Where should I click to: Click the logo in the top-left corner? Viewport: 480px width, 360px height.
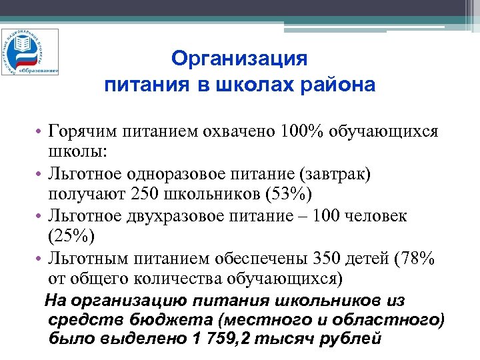coord(29,51)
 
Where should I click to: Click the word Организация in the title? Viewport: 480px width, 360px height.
coord(239,59)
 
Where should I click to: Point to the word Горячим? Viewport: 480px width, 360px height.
coord(78,131)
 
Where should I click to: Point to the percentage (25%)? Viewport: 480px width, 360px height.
coord(72,237)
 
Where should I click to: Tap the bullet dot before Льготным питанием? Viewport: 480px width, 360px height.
coord(41,259)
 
